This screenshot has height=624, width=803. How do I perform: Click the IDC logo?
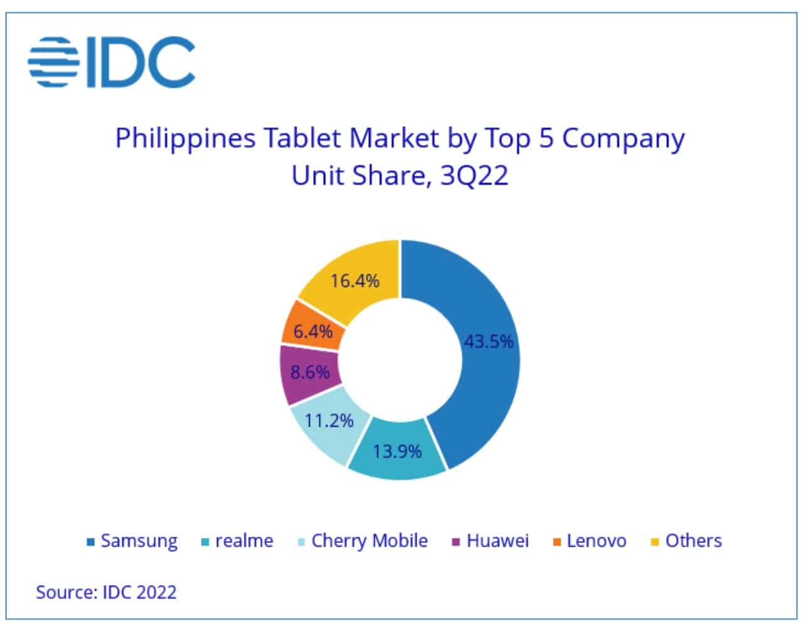coord(111,62)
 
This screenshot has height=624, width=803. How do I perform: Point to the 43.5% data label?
coord(489,342)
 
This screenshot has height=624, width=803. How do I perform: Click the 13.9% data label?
coord(397,451)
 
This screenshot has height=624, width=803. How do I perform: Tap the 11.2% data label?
coord(329,420)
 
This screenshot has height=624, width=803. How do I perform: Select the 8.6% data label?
coord(310,372)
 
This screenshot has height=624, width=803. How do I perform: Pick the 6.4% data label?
coord(313,331)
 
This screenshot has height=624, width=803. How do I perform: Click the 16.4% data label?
coord(355,281)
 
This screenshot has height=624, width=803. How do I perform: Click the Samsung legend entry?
coord(132,541)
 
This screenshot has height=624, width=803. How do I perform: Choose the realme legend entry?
coord(237,541)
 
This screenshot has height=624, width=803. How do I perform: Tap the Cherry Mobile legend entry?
coord(363,541)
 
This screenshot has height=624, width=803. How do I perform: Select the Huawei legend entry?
coord(491,541)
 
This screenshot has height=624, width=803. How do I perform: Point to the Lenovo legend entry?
coord(589,541)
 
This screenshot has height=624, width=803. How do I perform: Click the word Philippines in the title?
coord(185,139)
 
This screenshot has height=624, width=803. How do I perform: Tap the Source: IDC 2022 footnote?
coord(106,592)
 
